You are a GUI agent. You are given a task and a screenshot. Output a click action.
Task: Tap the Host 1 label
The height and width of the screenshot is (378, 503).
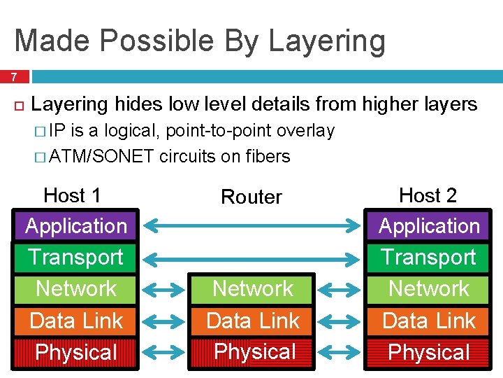72,195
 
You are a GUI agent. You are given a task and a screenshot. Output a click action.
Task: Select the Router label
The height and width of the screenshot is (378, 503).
251,197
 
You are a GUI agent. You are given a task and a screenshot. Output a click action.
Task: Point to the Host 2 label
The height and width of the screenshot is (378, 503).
428,195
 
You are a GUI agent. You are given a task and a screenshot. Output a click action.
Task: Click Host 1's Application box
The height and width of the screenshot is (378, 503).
76,225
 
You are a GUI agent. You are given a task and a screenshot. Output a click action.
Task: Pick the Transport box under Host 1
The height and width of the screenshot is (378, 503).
76,257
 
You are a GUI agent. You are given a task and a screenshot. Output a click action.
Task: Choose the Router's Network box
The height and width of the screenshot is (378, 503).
253,288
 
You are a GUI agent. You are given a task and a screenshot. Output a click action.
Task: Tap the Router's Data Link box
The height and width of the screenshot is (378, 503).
253,321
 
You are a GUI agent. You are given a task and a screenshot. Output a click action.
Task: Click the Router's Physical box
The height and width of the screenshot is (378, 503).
253,351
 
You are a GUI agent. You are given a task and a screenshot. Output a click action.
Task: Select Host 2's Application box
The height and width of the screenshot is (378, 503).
429,225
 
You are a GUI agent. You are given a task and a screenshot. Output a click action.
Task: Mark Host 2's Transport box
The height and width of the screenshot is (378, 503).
429,257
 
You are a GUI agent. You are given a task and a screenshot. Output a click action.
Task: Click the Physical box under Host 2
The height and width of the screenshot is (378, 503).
429,352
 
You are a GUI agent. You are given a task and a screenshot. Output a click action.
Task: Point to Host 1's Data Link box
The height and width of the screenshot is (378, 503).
76,321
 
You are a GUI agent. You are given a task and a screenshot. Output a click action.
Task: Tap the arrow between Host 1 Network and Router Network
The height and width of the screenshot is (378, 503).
165,289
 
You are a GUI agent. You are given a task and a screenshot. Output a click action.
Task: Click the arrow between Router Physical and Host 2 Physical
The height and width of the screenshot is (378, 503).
341,352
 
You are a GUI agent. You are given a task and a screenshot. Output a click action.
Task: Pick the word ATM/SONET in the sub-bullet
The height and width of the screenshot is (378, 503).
102,156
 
